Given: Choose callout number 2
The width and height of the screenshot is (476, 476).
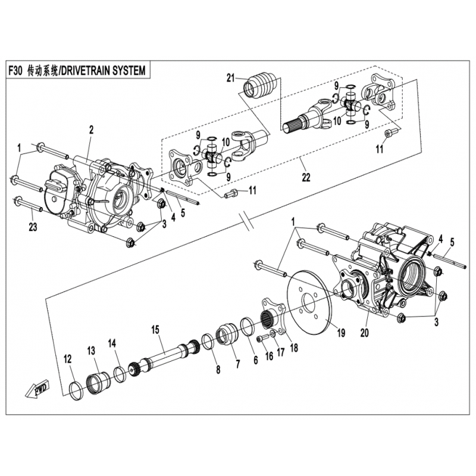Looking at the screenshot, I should [91, 129].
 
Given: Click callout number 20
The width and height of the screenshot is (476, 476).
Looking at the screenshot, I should [364, 333].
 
